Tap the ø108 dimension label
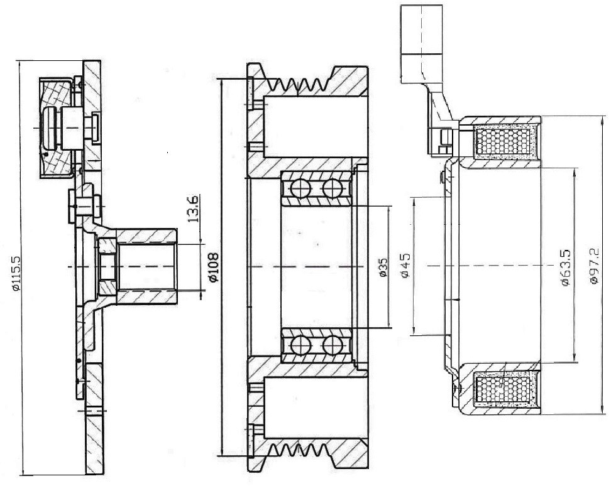pyautogui.click(x=213, y=267)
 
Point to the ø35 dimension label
pyautogui.click(x=383, y=267)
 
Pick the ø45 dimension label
pyautogui.click(x=405, y=265)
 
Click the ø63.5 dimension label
pyautogui.click(x=566, y=267)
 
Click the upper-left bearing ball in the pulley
pyautogui.click(x=301, y=188)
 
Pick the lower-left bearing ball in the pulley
pyautogui.click(x=301, y=346)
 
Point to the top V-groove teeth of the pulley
pyautogui.click(x=299, y=84)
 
